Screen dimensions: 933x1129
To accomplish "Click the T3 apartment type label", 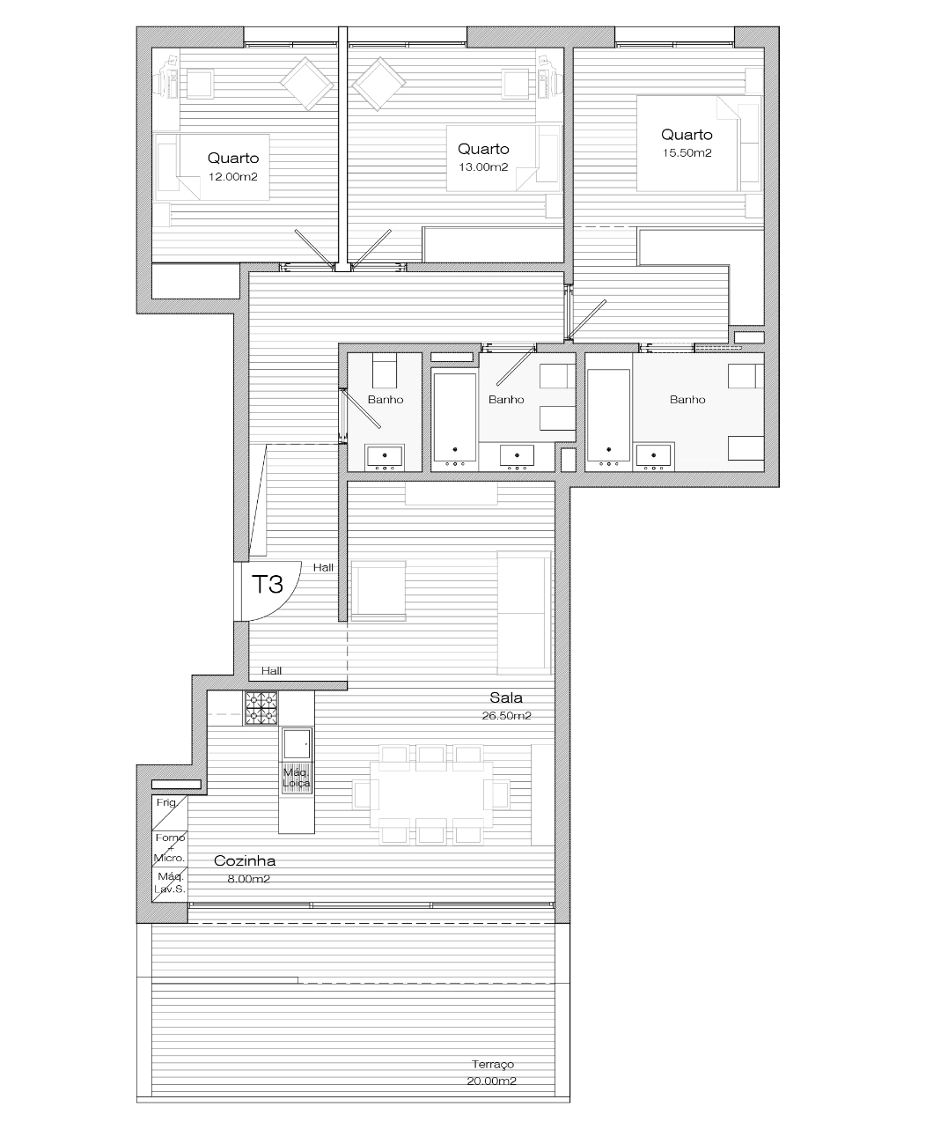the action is (268, 585).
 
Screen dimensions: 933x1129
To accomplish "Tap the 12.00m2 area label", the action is (233, 176).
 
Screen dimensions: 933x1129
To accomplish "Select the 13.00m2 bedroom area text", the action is (483, 167).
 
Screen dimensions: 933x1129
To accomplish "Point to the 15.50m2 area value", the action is (687, 153).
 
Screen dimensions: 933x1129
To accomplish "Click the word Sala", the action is (506, 697).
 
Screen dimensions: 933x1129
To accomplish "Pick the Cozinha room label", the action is (245, 860).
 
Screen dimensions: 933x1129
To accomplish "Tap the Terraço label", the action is (492, 1064).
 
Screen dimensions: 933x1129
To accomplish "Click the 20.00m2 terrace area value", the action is (491, 1081).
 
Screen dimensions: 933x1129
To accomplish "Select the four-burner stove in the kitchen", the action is (261, 708).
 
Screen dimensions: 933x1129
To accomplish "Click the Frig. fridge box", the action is (170, 812).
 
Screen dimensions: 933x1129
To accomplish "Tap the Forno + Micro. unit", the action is (170, 848).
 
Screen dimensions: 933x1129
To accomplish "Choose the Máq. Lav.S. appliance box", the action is (170, 883).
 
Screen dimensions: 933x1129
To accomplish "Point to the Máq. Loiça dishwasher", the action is (297, 778).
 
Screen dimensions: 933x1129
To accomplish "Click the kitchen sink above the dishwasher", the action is (297, 743).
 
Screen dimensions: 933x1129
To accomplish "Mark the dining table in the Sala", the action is (430, 794).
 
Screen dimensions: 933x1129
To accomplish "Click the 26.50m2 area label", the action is (506, 716).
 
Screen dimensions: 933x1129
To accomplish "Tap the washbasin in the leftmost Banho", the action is (385, 456).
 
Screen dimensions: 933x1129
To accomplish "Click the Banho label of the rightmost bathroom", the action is (687, 400).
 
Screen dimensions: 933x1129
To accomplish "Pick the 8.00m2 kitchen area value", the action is (248, 879).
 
